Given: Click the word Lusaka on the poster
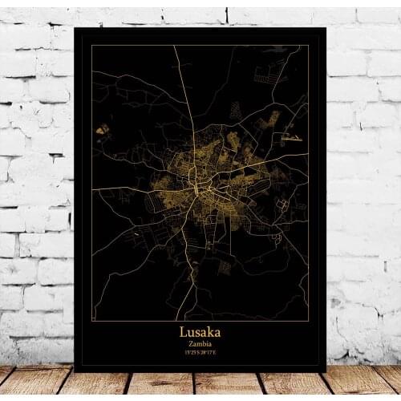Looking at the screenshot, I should click(200, 330).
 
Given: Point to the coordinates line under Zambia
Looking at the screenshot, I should click(200, 351).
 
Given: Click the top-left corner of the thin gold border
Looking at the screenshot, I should click(91, 46).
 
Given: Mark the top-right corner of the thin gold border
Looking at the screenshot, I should click(309, 46).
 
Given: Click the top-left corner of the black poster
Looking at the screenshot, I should click(75, 27).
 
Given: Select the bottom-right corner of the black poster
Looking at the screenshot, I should click(326, 371).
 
